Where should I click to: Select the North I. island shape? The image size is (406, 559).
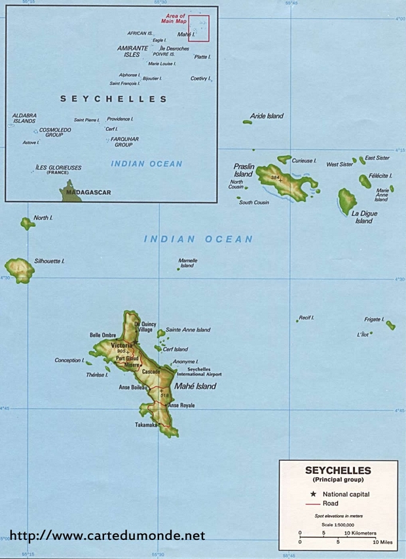[x=28, y=224]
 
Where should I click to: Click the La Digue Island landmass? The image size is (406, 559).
[x=347, y=200]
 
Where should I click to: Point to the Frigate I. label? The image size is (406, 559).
[x=374, y=319]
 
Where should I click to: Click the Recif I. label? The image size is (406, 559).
[x=306, y=317]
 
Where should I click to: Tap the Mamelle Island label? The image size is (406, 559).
[x=188, y=262]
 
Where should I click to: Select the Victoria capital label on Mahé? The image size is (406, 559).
[x=122, y=345]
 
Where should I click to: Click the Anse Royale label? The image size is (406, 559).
[x=181, y=406]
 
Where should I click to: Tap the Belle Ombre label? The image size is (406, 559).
[x=103, y=334]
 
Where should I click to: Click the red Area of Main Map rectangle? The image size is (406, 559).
[x=199, y=29]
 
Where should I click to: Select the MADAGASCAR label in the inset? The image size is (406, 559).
[x=88, y=192]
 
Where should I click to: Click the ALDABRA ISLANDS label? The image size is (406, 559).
[x=24, y=118]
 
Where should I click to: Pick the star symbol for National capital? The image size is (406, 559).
[x=314, y=494]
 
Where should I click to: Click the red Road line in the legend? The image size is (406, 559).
[x=313, y=504]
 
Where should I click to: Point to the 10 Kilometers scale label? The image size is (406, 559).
[x=360, y=533]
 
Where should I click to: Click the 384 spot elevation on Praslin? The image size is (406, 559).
[x=276, y=177]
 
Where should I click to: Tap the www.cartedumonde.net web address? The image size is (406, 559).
[x=107, y=535]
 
